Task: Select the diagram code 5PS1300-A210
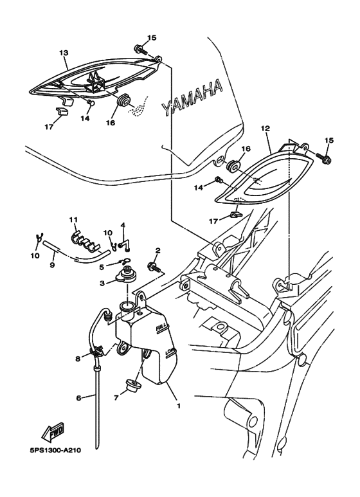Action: point(53,450)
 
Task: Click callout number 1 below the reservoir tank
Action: point(179,406)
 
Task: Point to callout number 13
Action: point(64,53)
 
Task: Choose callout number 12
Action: point(265,129)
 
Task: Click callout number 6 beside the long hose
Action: point(79,398)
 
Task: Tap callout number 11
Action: point(73,220)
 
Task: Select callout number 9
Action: point(53,264)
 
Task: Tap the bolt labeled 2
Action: point(154,267)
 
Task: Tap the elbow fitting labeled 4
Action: point(125,246)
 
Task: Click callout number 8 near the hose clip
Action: point(78,359)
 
